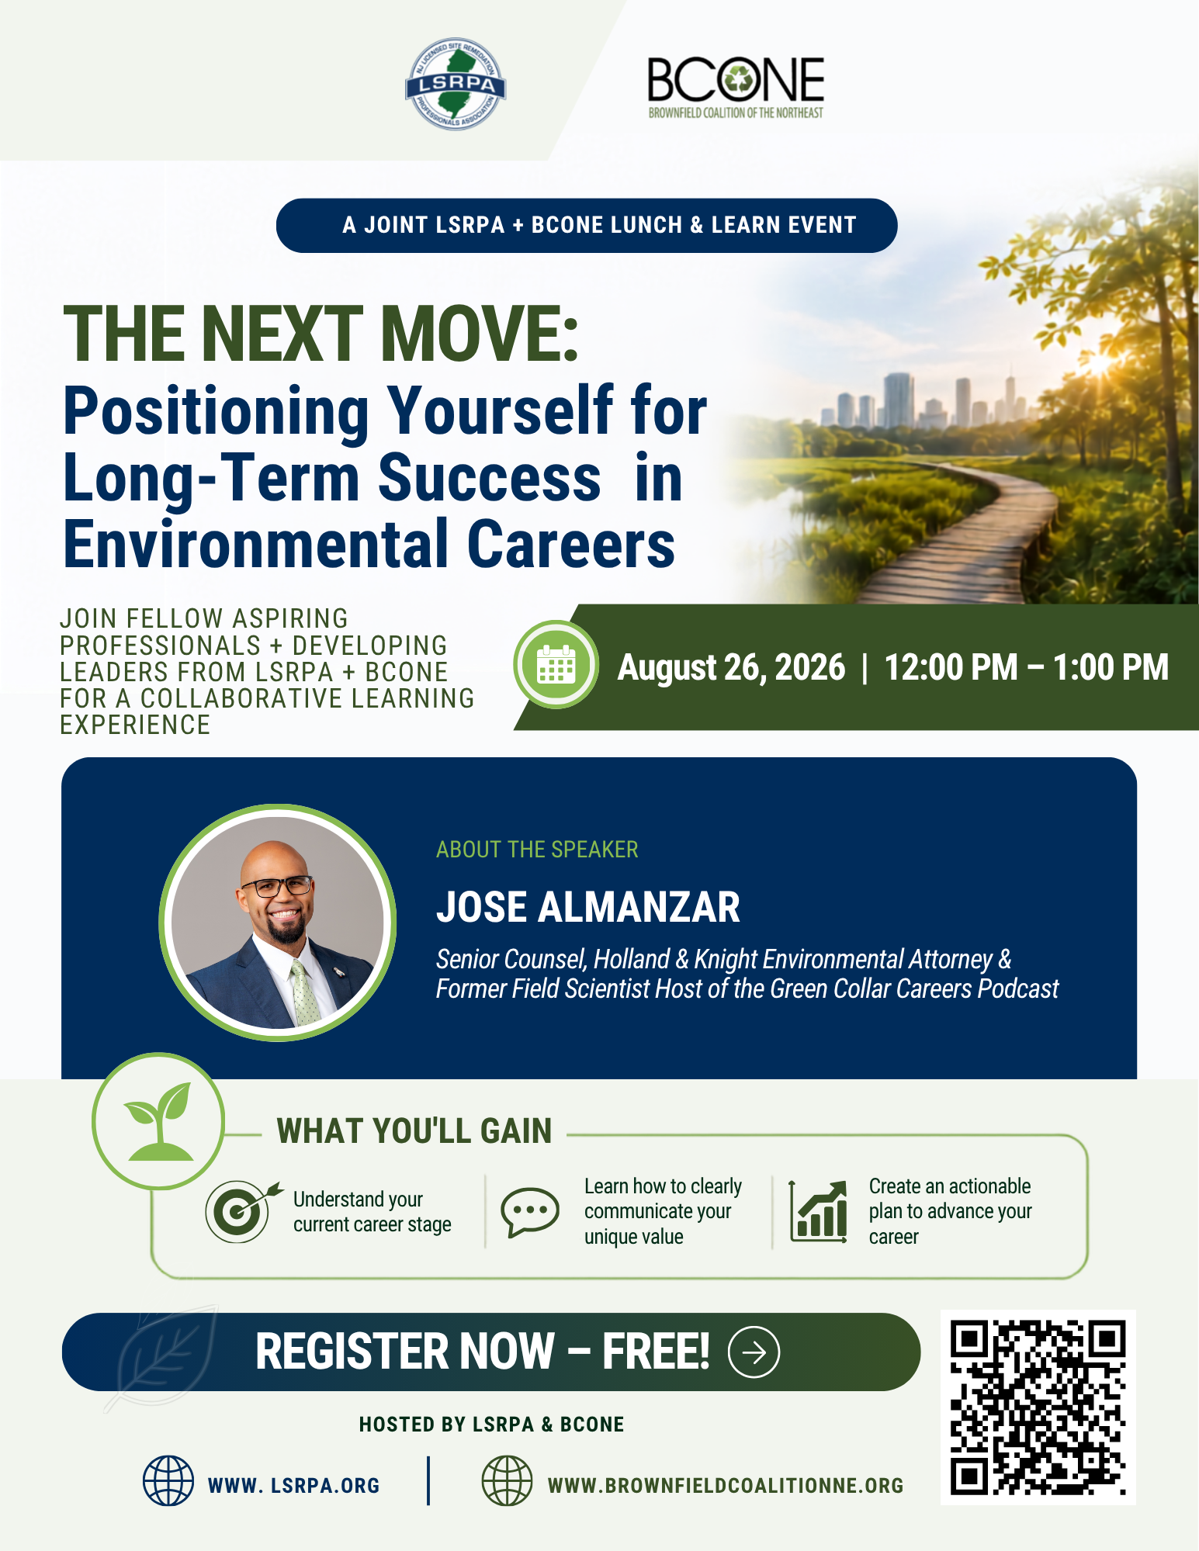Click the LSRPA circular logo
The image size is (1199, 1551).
coord(456,84)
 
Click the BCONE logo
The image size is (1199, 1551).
coord(736,87)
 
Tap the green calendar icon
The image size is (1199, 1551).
coord(556,665)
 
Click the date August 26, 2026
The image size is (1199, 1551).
coord(731,667)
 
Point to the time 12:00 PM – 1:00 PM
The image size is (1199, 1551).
coord(1026,667)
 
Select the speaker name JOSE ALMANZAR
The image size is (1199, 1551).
coord(587,907)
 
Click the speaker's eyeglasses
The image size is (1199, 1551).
coord(277,885)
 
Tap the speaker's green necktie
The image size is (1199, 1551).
coord(305,992)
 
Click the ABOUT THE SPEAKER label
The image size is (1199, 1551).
coord(537,850)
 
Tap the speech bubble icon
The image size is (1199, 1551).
coord(529,1211)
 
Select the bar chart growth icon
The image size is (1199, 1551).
coord(818,1211)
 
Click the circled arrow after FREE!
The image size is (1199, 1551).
coord(754,1352)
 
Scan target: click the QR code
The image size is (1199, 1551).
coord(1038,1407)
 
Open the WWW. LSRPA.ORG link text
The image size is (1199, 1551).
coord(293,1486)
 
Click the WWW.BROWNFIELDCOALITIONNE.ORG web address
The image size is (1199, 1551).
coord(726,1486)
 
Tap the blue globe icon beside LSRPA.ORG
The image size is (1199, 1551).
coord(168,1481)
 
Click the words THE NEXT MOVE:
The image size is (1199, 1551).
coord(321,334)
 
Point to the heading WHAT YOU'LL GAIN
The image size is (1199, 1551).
coord(414,1131)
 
